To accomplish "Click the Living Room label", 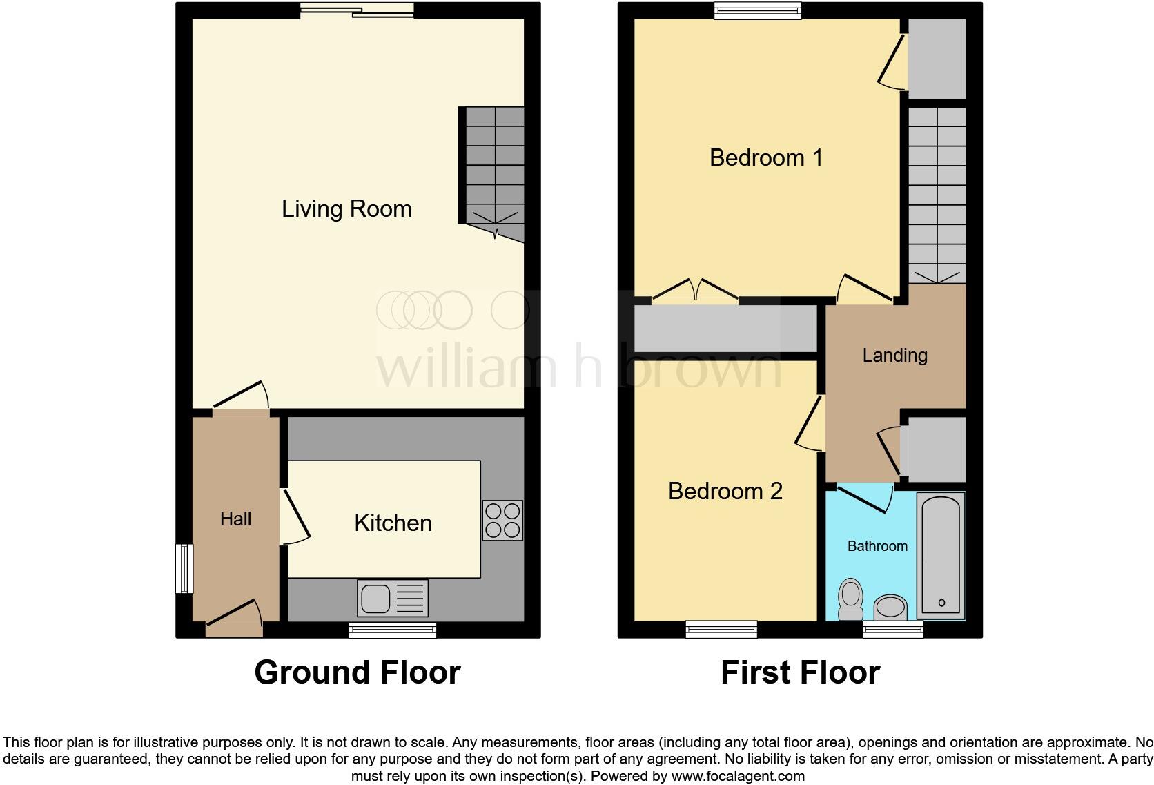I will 346,209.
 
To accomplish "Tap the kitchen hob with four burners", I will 502,520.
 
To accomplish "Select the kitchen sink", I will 392,598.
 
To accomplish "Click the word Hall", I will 235,519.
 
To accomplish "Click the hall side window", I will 184,568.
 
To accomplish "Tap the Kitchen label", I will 393,523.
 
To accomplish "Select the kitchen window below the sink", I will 392,629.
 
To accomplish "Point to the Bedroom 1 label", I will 766,157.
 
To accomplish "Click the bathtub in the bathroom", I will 940,554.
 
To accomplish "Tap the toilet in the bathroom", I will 851,599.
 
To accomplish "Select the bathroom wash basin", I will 891,608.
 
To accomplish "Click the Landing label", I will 894,355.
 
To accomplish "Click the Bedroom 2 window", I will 721,629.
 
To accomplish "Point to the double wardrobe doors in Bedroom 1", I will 695,291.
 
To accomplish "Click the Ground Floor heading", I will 357,672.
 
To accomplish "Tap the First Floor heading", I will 800,672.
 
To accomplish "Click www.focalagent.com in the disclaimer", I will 737,775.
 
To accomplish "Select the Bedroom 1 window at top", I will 758,10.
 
